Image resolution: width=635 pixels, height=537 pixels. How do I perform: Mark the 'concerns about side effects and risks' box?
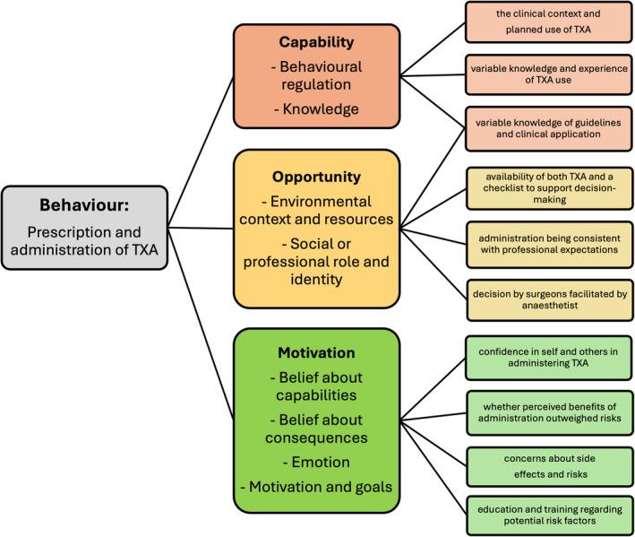tap(534, 463)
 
